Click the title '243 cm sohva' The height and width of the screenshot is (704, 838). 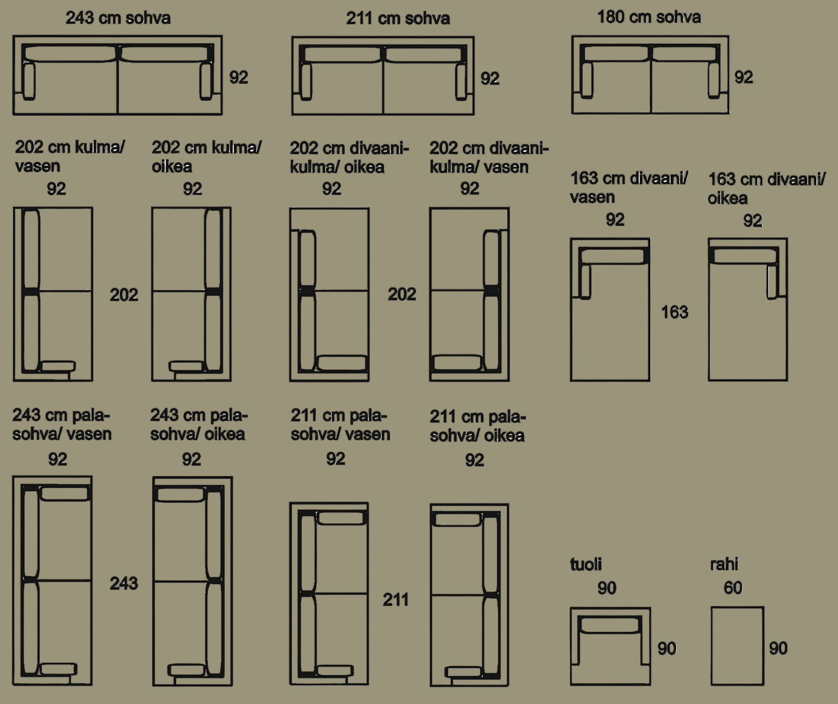118,18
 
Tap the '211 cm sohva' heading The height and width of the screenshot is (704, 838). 398,18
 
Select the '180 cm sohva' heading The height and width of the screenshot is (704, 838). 649,17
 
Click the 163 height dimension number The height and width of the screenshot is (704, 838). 674,312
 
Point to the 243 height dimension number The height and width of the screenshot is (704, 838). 124,583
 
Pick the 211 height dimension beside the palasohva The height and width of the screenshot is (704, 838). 395,600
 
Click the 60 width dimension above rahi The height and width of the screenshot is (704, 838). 733,588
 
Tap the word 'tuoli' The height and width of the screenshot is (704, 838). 585,564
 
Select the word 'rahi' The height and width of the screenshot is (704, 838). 724,564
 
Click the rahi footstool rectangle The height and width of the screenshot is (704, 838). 737,646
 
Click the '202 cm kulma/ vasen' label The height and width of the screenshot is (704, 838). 69,156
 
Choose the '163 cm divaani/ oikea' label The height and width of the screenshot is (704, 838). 766,189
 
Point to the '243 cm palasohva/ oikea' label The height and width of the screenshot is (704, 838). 199,425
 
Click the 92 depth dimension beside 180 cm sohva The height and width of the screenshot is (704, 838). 744,77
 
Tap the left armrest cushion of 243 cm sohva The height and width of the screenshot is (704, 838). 29,81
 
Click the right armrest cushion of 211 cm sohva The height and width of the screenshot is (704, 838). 461,82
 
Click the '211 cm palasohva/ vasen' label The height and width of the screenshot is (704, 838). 340,425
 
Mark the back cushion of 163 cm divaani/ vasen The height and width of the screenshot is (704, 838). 613,256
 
